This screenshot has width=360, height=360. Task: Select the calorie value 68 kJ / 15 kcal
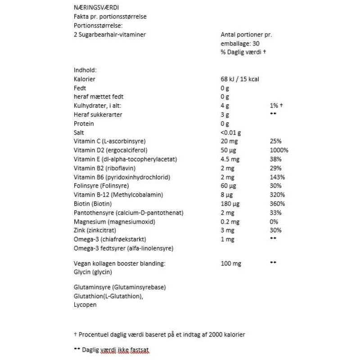pos(240,79)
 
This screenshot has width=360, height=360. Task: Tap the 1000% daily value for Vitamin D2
pos(279,150)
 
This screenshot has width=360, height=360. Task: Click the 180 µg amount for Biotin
pos(230,204)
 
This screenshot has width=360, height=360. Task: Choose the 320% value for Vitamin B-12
pos(277,195)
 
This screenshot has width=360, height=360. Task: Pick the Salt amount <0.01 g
pos(231,133)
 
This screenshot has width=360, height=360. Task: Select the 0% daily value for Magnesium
pos(274,222)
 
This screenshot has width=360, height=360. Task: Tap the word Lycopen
pos(85,305)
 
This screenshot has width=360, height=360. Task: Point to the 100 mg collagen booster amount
pos(231,263)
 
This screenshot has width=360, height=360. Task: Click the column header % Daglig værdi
pos(243,52)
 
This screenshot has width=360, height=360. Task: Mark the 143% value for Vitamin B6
pos(277,177)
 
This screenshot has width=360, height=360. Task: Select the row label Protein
pos(84,124)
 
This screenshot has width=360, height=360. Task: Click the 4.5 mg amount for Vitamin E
pos(230,159)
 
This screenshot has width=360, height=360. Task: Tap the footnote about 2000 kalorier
pos(159,334)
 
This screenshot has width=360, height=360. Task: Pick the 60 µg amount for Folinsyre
pos(228,186)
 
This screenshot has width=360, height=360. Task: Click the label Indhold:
pos(85,70)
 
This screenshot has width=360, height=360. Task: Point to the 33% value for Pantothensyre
pos(275,213)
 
